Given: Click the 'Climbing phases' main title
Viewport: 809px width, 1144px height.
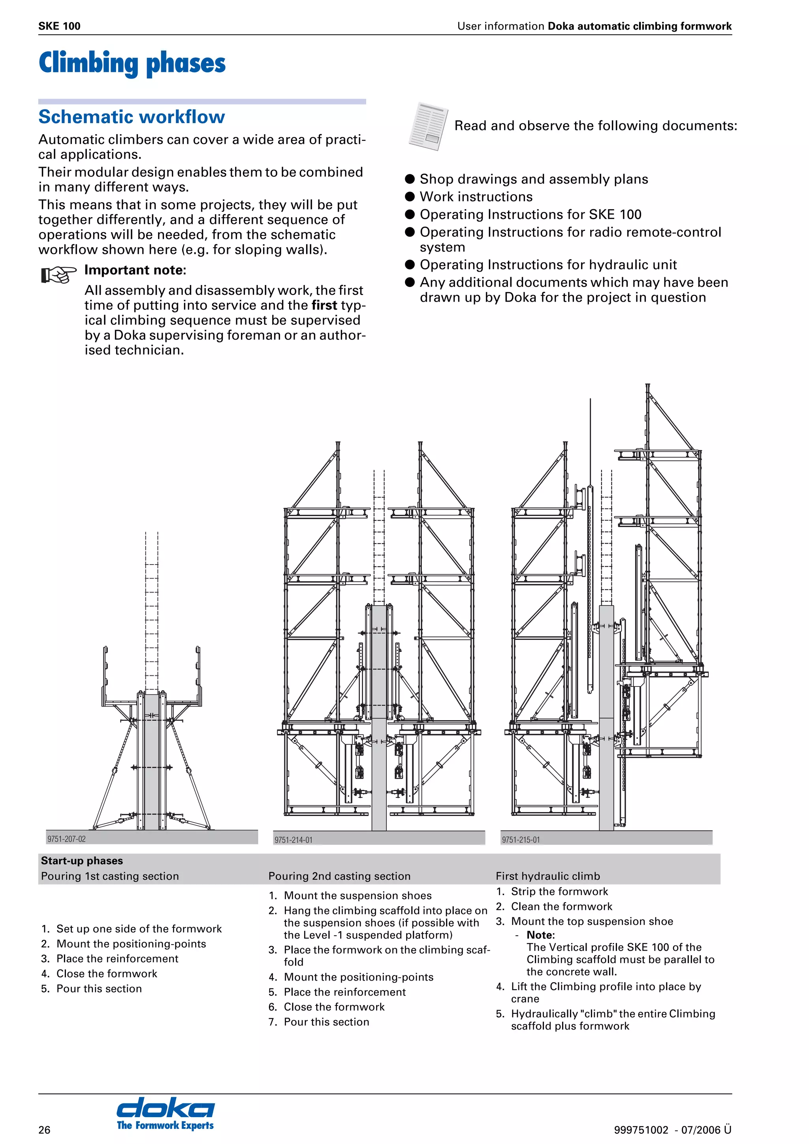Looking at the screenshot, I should pos(132,63).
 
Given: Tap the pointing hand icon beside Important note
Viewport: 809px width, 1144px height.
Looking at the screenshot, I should pos(58,274).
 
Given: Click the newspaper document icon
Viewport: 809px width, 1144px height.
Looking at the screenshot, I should pos(428,126).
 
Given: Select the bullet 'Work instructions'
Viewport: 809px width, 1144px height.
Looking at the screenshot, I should pos(476,197).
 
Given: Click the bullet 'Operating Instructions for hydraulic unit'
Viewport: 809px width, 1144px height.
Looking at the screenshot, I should pos(548,264).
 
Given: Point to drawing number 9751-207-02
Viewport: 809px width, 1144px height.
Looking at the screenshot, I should pos(66,839).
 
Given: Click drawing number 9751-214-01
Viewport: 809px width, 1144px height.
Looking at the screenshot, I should pos(293,840).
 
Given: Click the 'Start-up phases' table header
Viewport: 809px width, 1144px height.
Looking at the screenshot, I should pos(82,861).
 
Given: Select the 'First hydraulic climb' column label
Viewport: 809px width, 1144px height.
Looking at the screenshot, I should pos(547,876).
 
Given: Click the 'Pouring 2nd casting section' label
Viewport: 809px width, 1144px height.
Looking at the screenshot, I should pos(339,876).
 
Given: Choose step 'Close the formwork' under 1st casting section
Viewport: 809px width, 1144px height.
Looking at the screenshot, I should pos(107,973).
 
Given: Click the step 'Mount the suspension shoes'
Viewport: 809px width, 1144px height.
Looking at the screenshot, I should pos(357,895).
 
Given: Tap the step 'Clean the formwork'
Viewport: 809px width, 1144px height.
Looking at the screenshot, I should pos(561,906).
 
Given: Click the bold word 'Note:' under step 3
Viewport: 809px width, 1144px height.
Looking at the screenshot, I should pos(540,935).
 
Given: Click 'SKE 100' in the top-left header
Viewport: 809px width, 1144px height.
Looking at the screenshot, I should pos(59,26).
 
